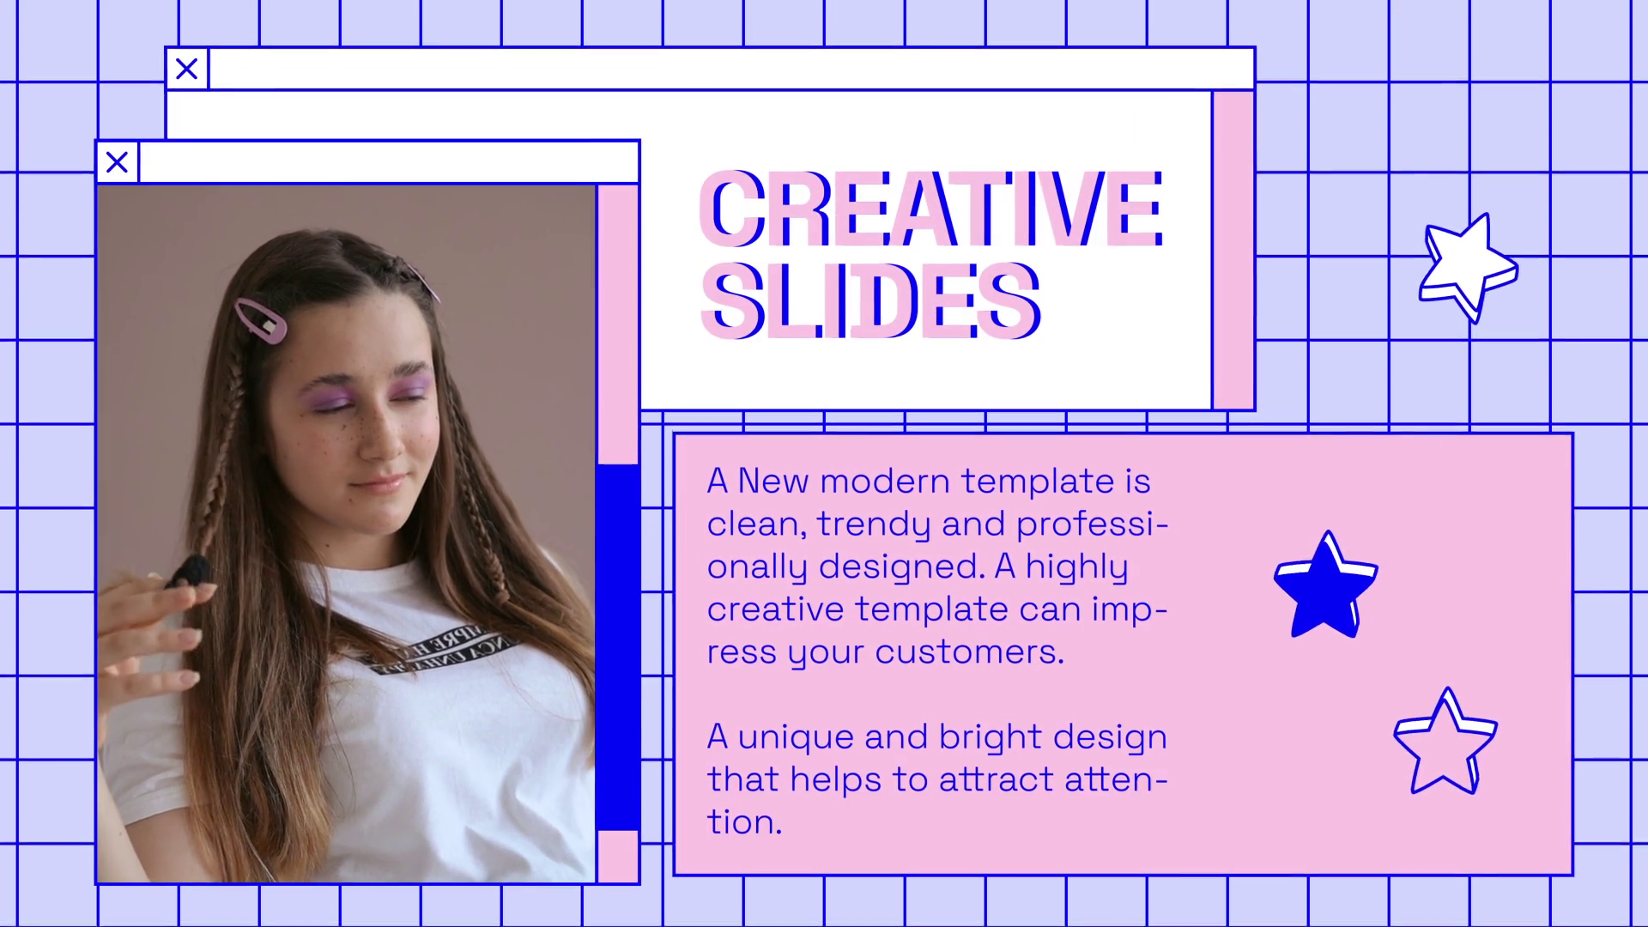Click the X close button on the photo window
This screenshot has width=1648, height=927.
(x=118, y=162)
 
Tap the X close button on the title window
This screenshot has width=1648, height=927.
(x=187, y=69)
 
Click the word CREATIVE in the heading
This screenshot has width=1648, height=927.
(x=932, y=209)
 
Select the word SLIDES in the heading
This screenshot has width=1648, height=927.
(x=871, y=300)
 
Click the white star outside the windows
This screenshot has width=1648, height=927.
(x=1468, y=266)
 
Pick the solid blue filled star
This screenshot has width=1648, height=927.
(x=1326, y=585)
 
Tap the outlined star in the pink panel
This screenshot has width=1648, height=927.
(x=1445, y=742)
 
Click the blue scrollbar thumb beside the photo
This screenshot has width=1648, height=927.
(x=618, y=648)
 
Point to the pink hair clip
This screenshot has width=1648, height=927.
(x=261, y=320)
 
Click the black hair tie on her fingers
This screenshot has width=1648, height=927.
(x=190, y=571)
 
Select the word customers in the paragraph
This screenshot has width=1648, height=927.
(x=970, y=652)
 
